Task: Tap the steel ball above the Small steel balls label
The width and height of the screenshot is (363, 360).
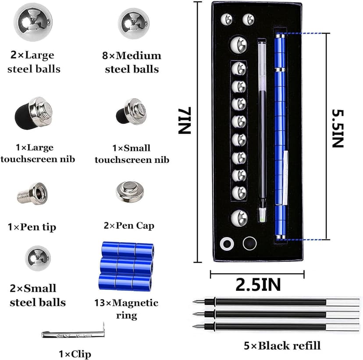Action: [37, 258]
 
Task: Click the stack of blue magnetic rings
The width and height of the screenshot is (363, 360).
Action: [127, 265]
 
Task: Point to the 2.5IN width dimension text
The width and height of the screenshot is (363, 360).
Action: [258, 284]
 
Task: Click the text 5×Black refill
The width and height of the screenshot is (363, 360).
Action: [282, 345]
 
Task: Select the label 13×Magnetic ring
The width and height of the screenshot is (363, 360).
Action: [126, 309]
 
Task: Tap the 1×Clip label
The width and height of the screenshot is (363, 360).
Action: [75, 353]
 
